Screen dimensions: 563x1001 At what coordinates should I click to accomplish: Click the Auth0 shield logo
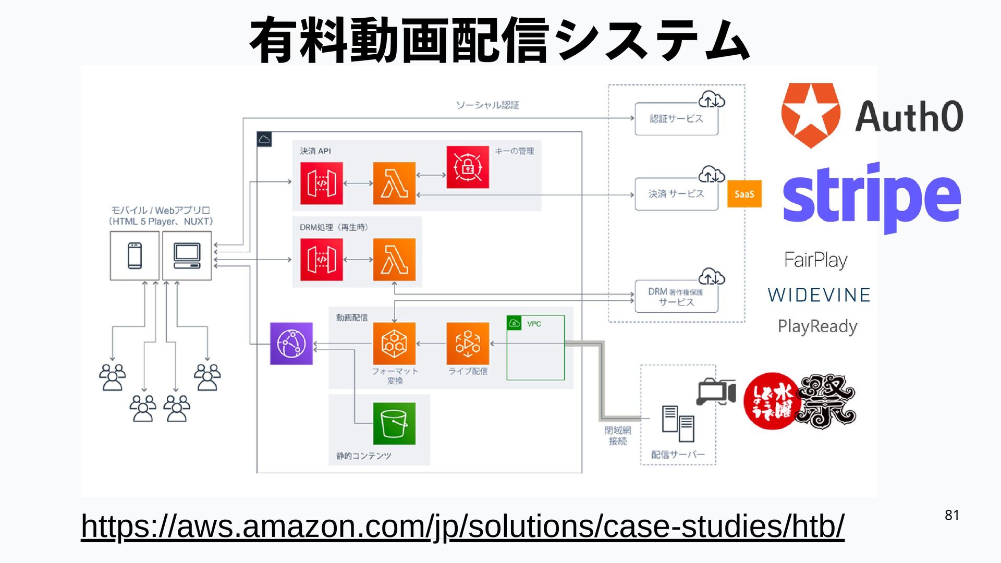(810, 115)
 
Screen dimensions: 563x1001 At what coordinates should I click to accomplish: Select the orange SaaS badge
(744, 194)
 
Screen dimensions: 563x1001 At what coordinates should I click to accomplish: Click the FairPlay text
(816, 260)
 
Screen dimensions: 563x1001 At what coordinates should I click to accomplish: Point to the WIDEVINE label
(819, 295)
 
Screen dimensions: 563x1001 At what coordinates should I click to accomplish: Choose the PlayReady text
(817, 326)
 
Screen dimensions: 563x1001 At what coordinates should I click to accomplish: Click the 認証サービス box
(676, 119)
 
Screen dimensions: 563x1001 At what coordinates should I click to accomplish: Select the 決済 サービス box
(676, 194)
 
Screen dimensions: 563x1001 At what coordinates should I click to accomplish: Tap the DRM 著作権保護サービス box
(676, 297)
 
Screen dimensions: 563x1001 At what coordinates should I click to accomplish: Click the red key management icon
(468, 167)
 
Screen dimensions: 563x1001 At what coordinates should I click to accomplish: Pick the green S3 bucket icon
(394, 423)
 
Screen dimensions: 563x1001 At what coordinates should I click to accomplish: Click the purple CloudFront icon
(291, 344)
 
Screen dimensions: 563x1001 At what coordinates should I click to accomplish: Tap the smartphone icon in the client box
(135, 256)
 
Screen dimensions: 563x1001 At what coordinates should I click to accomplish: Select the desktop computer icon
(187, 256)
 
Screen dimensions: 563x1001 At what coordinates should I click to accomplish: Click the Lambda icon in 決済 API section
(394, 183)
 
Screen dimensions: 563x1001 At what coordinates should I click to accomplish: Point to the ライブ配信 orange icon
(468, 344)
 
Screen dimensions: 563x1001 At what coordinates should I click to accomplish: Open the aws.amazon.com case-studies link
(462, 526)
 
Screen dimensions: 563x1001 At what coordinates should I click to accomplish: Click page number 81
(952, 515)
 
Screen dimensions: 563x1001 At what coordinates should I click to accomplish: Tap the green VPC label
(533, 324)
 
